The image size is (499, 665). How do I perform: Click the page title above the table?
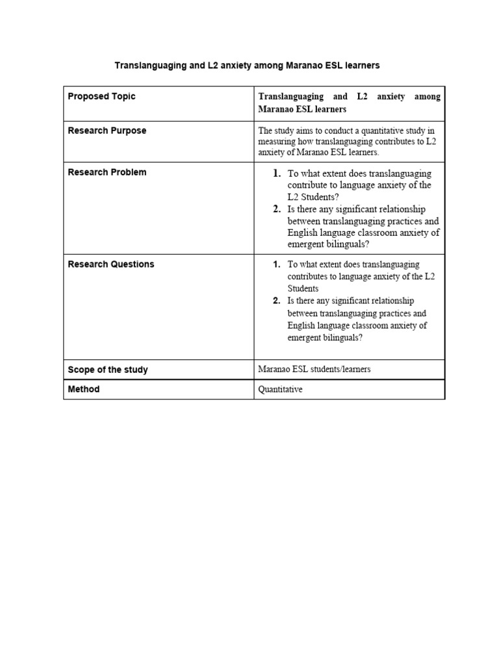(x=247, y=66)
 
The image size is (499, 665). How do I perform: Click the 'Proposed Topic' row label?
(x=102, y=96)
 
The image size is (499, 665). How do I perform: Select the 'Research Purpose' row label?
(x=107, y=131)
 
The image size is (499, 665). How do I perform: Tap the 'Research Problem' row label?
(x=107, y=172)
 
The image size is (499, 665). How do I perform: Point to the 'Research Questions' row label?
(x=111, y=264)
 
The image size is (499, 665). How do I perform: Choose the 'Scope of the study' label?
(x=108, y=370)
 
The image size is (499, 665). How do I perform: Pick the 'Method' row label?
(x=84, y=389)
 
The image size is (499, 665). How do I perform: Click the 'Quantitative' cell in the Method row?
(x=281, y=390)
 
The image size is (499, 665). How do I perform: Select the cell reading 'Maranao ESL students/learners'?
(x=314, y=370)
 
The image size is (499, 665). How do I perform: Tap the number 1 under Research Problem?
(x=277, y=173)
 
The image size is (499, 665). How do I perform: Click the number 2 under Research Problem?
(x=277, y=209)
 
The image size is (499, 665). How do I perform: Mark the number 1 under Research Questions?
(x=277, y=264)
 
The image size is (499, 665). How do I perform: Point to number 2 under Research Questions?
(x=277, y=301)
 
